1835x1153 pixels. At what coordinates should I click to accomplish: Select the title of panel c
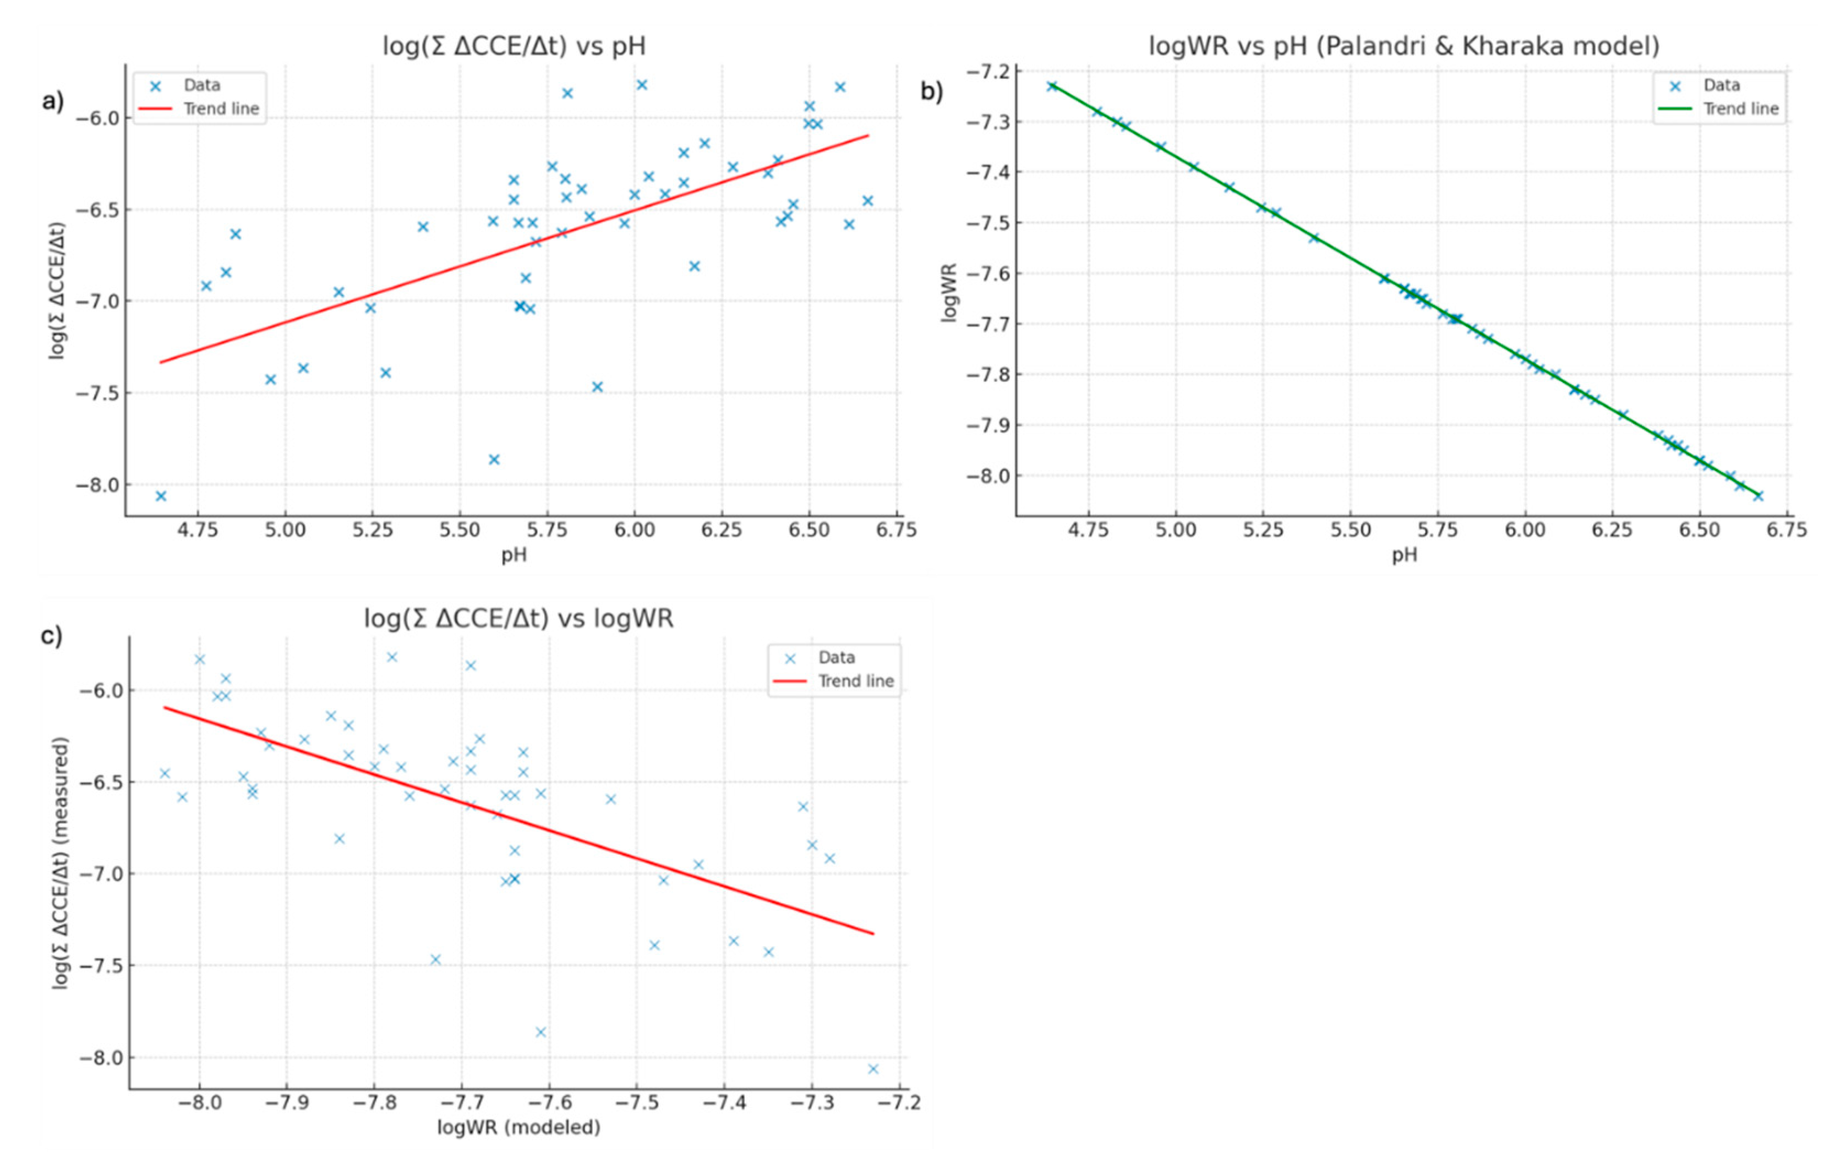click(518, 618)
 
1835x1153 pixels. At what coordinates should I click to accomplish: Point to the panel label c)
click(52, 636)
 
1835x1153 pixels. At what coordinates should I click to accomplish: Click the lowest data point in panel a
click(161, 496)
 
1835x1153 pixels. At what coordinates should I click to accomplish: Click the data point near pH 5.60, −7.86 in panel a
click(494, 460)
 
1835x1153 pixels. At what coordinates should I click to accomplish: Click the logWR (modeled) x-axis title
click(518, 1127)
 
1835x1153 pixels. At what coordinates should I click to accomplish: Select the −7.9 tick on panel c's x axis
click(287, 1103)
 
